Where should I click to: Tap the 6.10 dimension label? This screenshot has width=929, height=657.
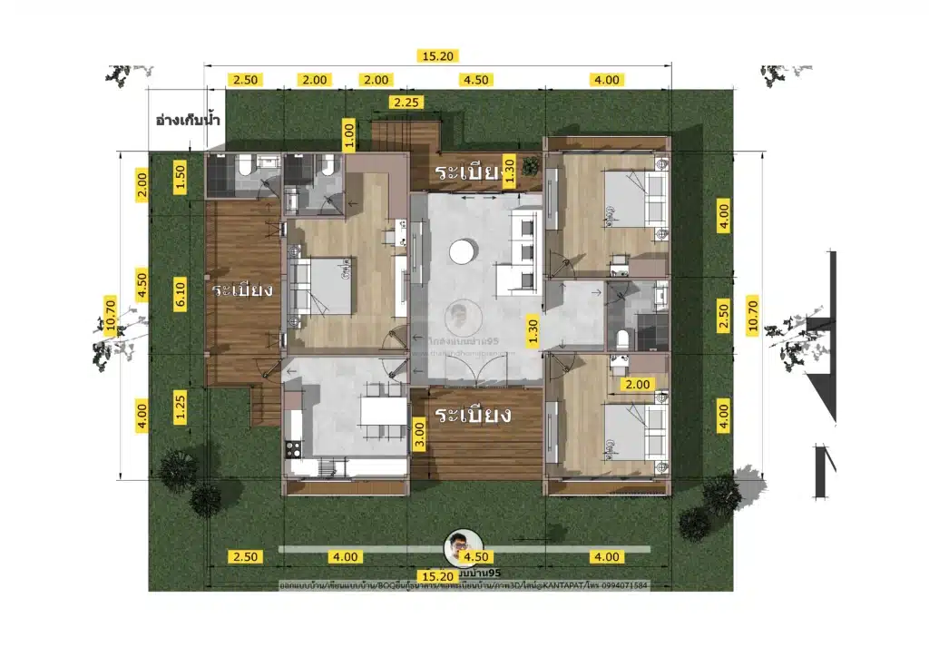180,293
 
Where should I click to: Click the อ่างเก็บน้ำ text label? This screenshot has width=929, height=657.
189,120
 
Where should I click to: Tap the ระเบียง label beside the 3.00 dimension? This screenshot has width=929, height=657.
474,416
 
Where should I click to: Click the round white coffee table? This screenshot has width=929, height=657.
463,250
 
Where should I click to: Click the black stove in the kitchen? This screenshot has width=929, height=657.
294,447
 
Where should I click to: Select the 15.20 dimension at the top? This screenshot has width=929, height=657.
435,56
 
